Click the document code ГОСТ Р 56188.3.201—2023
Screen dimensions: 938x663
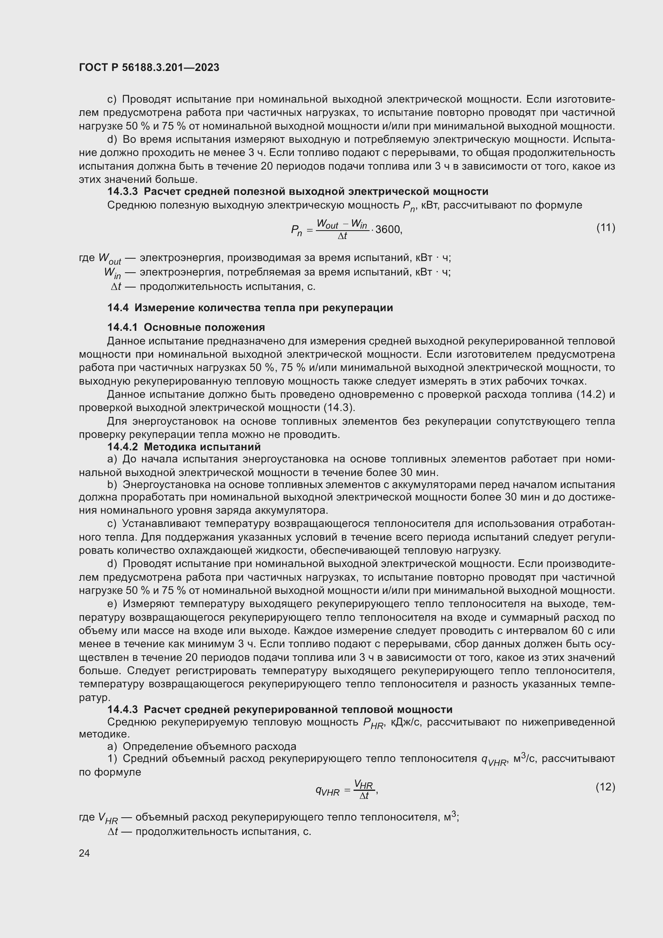[x=149, y=67]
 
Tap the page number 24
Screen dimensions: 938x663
[x=85, y=853]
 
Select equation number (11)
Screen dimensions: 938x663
[x=605, y=227]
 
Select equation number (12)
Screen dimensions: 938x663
[x=605, y=786]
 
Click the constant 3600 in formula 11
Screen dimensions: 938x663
[x=388, y=230]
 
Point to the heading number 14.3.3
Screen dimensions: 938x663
[x=123, y=192]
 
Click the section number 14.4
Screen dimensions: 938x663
[x=118, y=308]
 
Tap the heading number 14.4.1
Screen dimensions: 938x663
[x=123, y=327]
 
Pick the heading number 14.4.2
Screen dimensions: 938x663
[x=123, y=446]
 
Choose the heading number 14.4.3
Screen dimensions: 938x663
[x=123, y=709]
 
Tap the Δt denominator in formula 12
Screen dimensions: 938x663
[x=364, y=796]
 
